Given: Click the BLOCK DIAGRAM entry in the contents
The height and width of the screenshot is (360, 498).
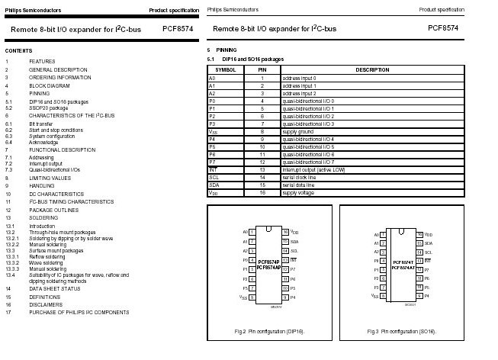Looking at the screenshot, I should click(x=50, y=85).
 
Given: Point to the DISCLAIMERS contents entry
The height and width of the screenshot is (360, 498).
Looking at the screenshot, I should click(x=47, y=304).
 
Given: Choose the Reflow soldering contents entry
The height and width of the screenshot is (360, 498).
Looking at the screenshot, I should click(x=48, y=257).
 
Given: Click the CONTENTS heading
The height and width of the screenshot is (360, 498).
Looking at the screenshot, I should click(x=18, y=50).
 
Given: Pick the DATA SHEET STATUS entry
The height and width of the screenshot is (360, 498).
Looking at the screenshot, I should click(x=55, y=288).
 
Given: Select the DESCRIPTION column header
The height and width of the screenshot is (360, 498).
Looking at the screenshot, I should click(x=372, y=70).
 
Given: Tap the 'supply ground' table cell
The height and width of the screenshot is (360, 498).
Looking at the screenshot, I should click(x=297, y=131).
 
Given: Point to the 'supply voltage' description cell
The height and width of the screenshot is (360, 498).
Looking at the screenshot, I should click(x=298, y=193).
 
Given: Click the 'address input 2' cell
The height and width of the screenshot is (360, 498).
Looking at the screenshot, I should click(x=300, y=93).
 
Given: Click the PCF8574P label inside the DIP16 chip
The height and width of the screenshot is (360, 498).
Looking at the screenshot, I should click(x=269, y=261).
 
